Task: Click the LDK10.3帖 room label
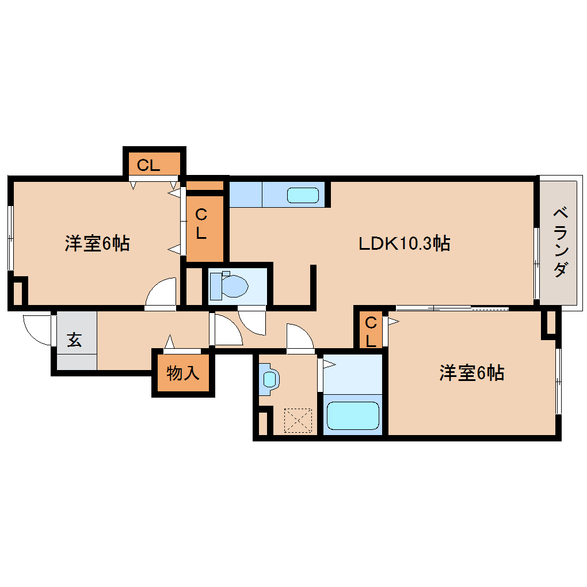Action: pyautogui.click(x=404, y=243)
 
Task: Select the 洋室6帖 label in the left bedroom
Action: pyautogui.click(x=97, y=243)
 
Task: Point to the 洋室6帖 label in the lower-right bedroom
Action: pyautogui.click(x=472, y=373)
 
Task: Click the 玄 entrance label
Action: pyautogui.click(x=74, y=340)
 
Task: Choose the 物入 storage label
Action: pyautogui.click(x=183, y=373)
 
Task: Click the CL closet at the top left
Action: pyautogui.click(x=148, y=165)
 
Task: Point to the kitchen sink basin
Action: pyautogui.click(x=303, y=195)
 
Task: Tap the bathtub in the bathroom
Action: pyautogui.click(x=353, y=415)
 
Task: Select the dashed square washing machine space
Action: pyautogui.click(x=298, y=421)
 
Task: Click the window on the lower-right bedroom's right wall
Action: pyautogui.click(x=558, y=380)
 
